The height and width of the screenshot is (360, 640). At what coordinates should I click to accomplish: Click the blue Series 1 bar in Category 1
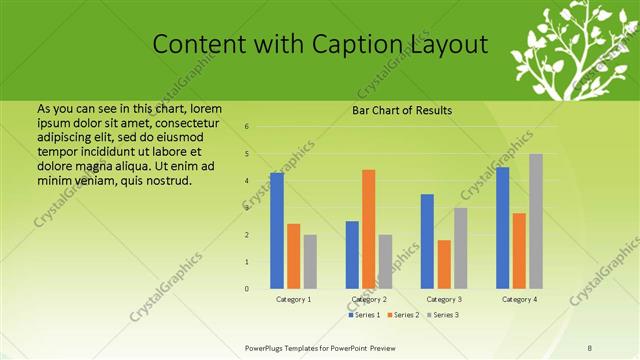click(277, 230)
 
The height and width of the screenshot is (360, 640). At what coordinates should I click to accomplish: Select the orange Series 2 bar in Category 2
click(368, 229)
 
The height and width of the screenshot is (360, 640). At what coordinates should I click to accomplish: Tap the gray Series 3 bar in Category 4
click(536, 221)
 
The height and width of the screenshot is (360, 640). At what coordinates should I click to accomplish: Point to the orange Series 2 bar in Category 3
click(444, 264)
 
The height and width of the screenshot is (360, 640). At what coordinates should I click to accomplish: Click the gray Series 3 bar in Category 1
click(310, 261)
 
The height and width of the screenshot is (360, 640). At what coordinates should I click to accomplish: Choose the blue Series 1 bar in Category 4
click(503, 227)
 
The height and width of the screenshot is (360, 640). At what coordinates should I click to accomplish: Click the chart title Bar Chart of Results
click(402, 111)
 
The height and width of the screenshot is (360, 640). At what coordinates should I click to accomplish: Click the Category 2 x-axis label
click(369, 300)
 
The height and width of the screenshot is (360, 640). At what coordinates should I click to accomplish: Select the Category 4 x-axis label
click(519, 300)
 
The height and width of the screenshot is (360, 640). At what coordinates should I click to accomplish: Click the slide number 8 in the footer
click(590, 347)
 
